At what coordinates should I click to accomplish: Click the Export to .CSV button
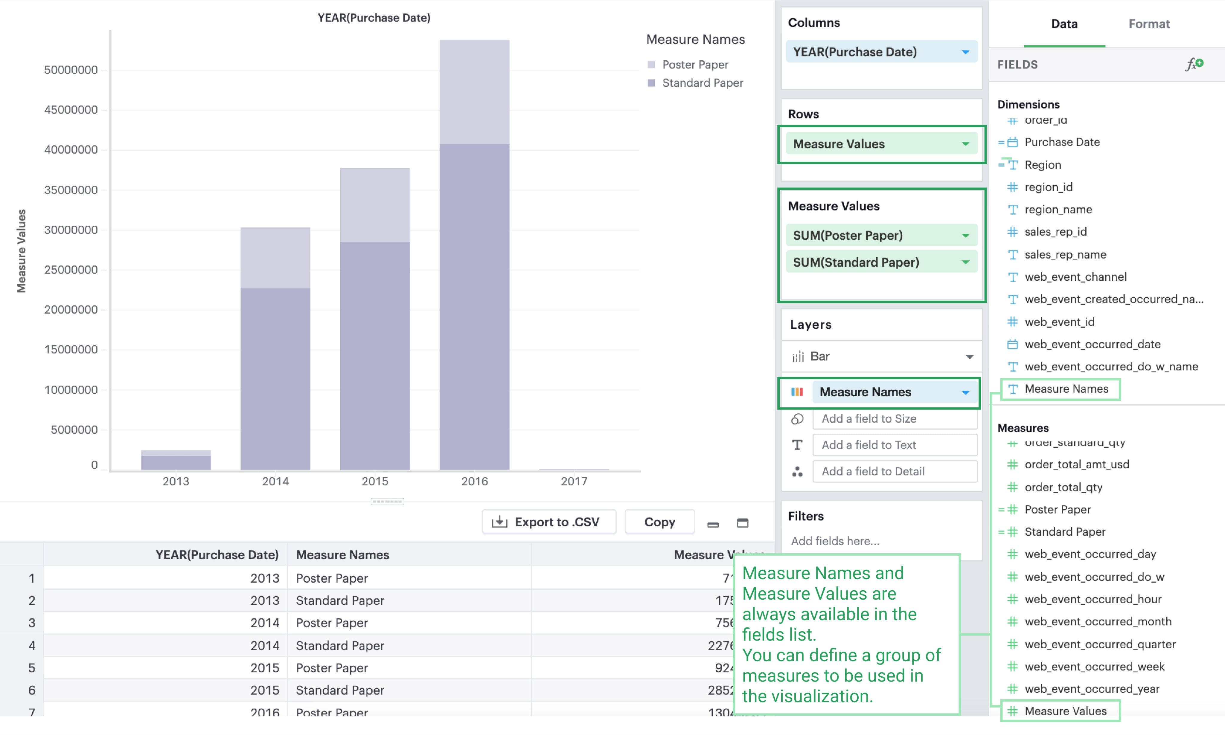click(548, 522)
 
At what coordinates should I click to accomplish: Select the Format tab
click(1149, 24)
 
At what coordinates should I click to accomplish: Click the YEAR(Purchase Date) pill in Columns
click(872, 52)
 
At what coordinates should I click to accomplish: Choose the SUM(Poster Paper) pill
click(872, 235)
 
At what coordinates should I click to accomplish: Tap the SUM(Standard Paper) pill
click(872, 262)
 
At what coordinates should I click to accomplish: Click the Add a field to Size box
click(895, 418)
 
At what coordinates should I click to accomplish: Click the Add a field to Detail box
click(895, 471)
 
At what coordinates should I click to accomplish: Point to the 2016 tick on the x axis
click(474, 481)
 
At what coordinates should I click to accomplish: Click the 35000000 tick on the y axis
click(71, 190)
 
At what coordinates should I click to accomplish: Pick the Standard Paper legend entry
click(702, 83)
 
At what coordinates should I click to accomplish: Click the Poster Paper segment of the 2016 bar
click(474, 92)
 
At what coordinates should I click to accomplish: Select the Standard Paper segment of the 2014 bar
click(275, 379)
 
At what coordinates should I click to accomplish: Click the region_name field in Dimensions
click(1058, 210)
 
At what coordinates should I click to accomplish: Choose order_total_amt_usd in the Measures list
click(1076, 464)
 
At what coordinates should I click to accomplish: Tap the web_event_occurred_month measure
click(1098, 622)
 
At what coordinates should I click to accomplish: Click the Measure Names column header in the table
click(342, 555)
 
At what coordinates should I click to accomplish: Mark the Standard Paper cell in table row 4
click(340, 645)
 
